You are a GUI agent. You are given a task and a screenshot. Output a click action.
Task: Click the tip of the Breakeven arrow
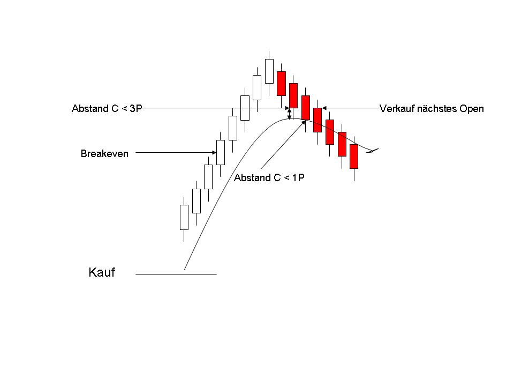216,152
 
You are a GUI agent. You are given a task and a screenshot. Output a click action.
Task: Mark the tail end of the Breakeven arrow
135,152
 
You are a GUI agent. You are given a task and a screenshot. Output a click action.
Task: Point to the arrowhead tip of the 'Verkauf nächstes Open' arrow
322,108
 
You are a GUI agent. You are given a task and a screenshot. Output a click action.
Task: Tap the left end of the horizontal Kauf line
135,274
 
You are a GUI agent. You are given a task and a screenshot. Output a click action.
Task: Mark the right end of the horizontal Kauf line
217,274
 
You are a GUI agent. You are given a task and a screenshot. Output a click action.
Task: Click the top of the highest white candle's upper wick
269,51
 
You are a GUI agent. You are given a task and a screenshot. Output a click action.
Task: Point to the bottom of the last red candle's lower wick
354,181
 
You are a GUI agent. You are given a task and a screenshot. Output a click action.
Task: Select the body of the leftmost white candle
184,217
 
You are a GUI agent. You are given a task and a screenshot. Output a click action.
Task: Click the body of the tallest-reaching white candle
269,71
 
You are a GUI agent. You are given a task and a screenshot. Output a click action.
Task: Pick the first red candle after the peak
281,84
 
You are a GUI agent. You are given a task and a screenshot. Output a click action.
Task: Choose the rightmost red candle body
354,157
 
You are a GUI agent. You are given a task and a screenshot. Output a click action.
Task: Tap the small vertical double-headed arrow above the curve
290,114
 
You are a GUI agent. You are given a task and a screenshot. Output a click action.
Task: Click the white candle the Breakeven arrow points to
221,153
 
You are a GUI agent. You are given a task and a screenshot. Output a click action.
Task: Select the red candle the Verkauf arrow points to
318,120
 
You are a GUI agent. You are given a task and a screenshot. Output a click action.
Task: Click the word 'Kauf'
102,272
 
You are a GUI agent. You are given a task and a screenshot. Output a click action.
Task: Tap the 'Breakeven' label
104,154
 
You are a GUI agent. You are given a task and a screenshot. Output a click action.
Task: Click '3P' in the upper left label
136,109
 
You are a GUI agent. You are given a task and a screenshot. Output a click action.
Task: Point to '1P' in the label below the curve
298,177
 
